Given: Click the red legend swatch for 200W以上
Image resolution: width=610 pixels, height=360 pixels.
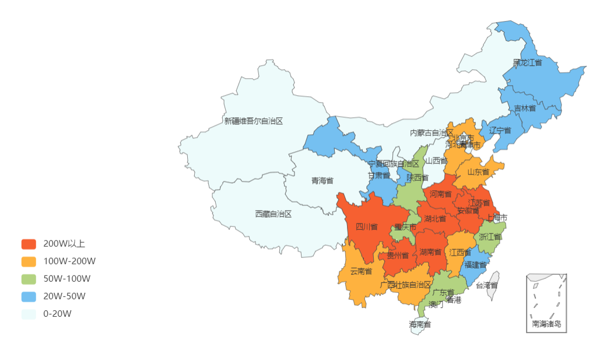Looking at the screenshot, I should pyautogui.click(x=29, y=243).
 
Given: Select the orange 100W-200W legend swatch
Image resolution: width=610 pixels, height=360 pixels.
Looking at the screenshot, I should pyautogui.click(x=29, y=261).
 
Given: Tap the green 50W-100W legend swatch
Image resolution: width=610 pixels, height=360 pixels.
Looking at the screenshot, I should pyautogui.click(x=29, y=278).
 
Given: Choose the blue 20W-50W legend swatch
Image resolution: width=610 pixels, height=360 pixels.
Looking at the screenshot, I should pyautogui.click(x=29, y=296).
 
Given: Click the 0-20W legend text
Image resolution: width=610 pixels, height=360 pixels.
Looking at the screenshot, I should pyautogui.click(x=57, y=313).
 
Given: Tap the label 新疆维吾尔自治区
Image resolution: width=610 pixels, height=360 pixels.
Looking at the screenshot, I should pyautogui.click(x=253, y=121).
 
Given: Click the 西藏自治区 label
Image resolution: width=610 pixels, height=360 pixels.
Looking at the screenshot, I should pyautogui.click(x=273, y=214).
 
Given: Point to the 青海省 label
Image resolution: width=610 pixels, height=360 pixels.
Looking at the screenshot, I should pyautogui.click(x=322, y=180).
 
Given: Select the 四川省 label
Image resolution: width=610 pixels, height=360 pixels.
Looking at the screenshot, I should pyautogui.click(x=366, y=226).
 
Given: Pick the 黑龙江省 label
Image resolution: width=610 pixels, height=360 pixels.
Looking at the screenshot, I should pyautogui.click(x=527, y=62).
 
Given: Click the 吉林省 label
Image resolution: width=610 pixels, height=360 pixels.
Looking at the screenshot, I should pyautogui.click(x=525, y=109).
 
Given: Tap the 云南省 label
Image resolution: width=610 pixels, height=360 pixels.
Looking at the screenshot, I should pyautogui.click(x=361, y=271).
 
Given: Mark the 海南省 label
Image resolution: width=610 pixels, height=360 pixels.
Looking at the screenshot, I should pyautogui.click(x=420, y=324).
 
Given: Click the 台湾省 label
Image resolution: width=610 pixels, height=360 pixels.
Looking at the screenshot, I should pyautogui.click(x=486, y=285).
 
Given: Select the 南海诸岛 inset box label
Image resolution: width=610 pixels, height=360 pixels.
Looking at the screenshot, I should pyautogui.click(x=546, y=324).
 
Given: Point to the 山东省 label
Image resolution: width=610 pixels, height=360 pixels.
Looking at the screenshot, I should pyautogui.click(x=478, y=172).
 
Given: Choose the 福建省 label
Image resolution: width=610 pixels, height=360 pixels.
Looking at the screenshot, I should pyautogui.click(x=475, y=264).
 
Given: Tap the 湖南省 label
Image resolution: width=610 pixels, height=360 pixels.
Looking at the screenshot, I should pyautogui.click(x=430, y=252).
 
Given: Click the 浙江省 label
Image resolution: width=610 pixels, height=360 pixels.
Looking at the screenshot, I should pyautogui.click(x=490, y=237).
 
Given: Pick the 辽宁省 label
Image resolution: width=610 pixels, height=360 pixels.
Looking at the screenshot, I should pyautogui.click(x=500, y=130).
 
